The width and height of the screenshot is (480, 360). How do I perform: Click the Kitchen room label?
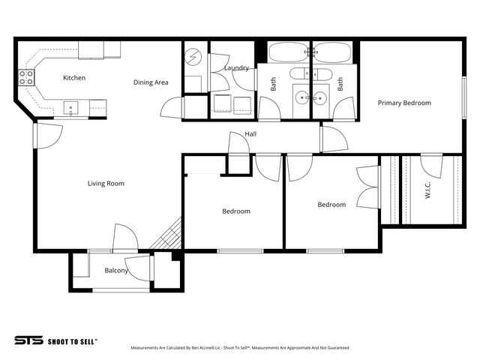(x=74, y=78)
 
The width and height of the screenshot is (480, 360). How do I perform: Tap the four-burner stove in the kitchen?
(x=26, y=78)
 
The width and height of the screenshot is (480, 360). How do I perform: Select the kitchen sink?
(x=70, y=109)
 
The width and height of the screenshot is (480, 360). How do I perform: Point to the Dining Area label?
(x=151, y=82)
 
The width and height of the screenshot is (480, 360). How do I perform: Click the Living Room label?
(x=106, y=183)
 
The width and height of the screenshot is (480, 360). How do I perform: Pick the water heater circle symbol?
(x=193, y=57)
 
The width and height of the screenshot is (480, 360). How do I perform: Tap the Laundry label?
(x=236, y=68)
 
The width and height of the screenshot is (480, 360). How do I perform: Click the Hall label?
(x=250, y=133)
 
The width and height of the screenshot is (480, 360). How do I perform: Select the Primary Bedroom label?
(x=404, y=103)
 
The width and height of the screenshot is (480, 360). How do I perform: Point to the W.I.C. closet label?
(x=428, y=190)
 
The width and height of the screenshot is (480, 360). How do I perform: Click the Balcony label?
(x=116, y=271)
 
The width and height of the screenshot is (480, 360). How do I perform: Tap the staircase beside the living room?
(x=166, y=233)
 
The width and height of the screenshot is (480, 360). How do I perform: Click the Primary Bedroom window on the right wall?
(x=464, y=97)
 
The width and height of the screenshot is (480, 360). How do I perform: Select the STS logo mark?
(x=28, y=340)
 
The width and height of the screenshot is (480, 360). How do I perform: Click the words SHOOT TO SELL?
(x=73, y=342)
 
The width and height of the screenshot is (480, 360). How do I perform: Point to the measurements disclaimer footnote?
(x=240, y=348)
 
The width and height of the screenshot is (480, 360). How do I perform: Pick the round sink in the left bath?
(x=302, y=98)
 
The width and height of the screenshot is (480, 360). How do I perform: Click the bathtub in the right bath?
(x=332, y=52)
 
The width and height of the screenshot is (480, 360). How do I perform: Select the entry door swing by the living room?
(x=49, y=136)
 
